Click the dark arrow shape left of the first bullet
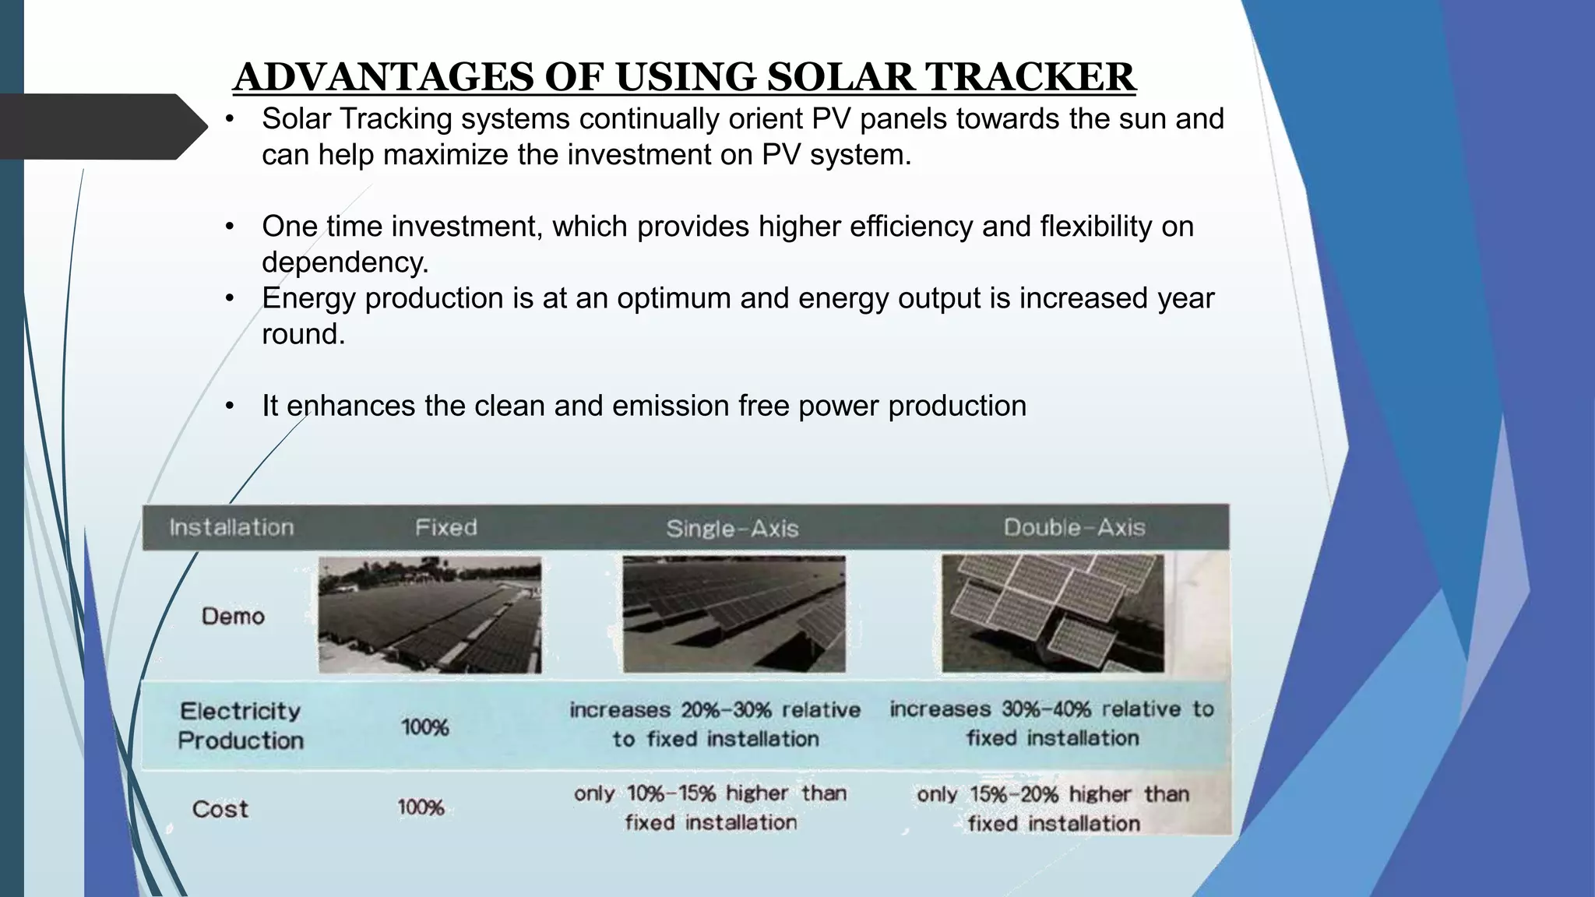[x=101, y=127]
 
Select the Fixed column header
[x=445, y=528]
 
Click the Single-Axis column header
[x=732, y=529]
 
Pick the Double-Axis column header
[x=1074, y=528]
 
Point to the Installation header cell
[x=231, y=528]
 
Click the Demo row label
[x=233, y=617]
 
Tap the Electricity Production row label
[x=240, y=726]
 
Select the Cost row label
[x=220, y=809]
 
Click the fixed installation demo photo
[x=429, y=614]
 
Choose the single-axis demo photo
[x=734, y=614]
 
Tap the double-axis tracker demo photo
[x=1052, y=614]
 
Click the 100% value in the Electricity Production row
[x=424, y=727]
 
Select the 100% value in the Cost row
[x=421, y=807]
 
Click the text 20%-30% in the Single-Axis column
[x=726, y=710]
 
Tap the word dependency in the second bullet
[x=343, y=262]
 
